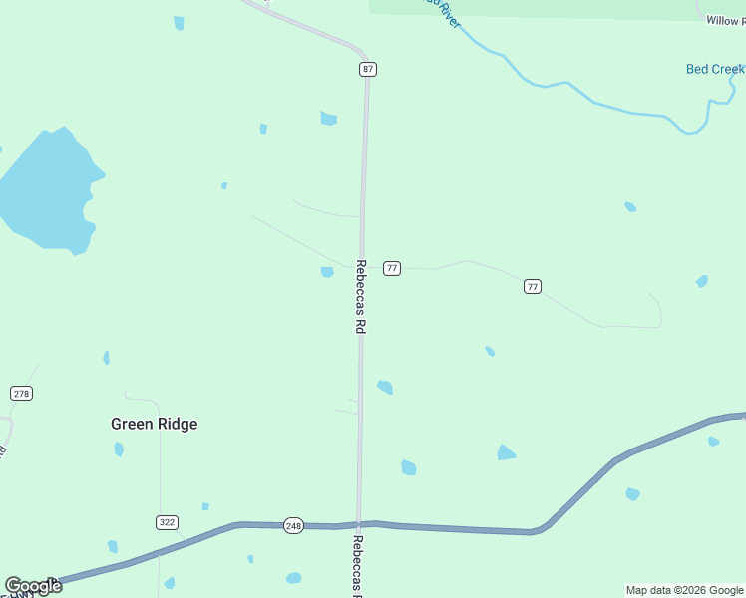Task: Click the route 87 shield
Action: [369, 69]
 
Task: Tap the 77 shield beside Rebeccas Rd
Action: [392, 268]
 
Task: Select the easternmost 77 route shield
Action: [533, 287]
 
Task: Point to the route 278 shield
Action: [22, 393]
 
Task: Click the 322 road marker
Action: [168, 522]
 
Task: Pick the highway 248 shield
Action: [293, 526]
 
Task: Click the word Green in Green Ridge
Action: [130, 424]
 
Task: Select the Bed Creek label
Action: [715, 69]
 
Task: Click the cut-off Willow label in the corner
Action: [725, 20]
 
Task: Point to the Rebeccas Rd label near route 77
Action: [360, 296]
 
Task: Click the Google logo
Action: [33, 586]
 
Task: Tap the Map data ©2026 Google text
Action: [685, 590]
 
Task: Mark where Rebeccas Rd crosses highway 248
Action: [359, 524]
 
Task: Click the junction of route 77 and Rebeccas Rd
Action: [361, 267]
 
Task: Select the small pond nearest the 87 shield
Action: [328, 119]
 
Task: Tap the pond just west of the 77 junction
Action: [327, 272]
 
